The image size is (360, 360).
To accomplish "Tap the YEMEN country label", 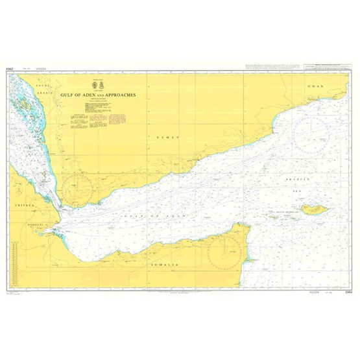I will (166, 137).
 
